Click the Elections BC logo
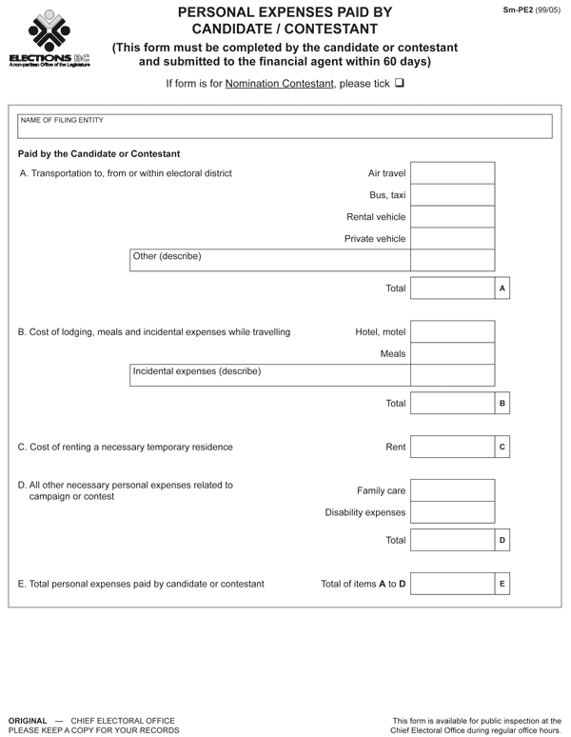49,37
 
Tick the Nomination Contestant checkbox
400,83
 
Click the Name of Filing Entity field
285,127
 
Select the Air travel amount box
453,173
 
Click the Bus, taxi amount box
453,195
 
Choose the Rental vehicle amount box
453,217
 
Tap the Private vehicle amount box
453,239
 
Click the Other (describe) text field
269,260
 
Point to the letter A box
502,288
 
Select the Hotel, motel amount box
453,331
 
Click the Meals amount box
453,353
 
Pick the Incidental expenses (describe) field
269,375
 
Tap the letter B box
502,404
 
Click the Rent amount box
453,447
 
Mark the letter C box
502,447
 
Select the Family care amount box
453,490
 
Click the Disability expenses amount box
453,512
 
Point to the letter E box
502,583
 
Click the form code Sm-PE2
519,9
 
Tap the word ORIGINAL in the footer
27,720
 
